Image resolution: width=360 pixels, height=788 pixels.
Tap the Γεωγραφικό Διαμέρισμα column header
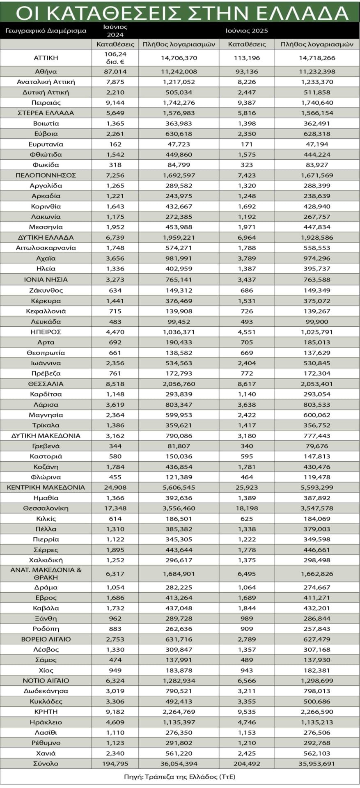(x=46, y=31)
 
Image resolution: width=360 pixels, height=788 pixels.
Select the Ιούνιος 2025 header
(x=247, y=31)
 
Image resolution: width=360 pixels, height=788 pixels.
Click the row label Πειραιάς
(x=46, y=103)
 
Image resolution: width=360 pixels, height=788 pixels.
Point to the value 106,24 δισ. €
(x=115, y=58)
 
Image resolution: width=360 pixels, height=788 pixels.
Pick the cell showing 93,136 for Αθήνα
(x=247, y=72)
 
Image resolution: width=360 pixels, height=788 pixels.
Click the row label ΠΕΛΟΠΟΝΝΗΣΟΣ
(x=46, y=175)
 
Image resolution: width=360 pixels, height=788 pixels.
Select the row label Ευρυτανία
(x=46, y=144)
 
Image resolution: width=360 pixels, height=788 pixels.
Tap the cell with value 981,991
(x=179, y=258)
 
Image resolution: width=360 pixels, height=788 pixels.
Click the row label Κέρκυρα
(x=46, y=300)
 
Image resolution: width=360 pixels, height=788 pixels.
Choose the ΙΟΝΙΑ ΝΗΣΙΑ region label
(x=46, y=279)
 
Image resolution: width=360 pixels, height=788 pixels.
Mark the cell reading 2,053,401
(x=316, y=384)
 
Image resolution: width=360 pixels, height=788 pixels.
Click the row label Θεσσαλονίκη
(x=46, y=508)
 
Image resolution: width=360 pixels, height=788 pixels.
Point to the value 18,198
(x=247, y=508)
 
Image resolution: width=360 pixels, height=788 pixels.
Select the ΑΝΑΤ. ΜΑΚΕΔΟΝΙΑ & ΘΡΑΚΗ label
(x=46, y=573)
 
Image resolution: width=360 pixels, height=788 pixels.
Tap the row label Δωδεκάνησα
(x=46, y=691)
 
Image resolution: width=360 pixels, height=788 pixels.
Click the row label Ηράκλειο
(x=46, y=722)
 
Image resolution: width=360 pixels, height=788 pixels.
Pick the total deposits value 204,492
(x=247, y=764)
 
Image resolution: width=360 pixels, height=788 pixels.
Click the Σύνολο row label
(x=46, y=764)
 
